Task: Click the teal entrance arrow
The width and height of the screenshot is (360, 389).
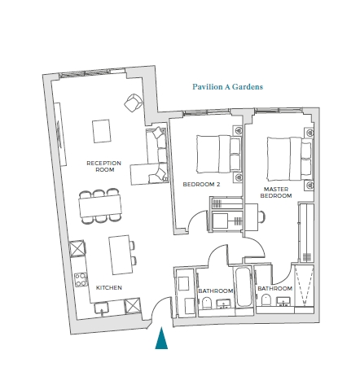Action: pyautogui.click(x=161, y=338)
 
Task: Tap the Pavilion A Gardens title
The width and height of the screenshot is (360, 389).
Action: pyautogui.click(x=228, y=87)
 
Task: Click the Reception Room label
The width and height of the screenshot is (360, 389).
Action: pyautogui.click(x=104, y=166)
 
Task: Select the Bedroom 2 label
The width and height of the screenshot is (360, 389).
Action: pyautogui.click(x=201, y=185)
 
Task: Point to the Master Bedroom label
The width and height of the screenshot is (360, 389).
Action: pyautogui.click(x=276, y=192)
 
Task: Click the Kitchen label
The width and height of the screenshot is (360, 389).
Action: pyautogui.click(x=109, y=287)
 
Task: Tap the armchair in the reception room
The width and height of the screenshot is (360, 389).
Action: pyautogui.click(x=133, y=103)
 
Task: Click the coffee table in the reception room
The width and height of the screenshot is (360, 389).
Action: pyautogui.click(x=102, y=131)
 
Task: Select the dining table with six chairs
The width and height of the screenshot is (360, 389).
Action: pyautogui.click(x=100, y=206)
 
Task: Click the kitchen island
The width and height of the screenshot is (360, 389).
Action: pyautogui.click(x=121, y=255)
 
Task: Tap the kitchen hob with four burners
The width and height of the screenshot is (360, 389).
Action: pyautogui.click(x=81, y=280)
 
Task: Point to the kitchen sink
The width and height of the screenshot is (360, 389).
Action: pyautogui.click(x=102, y=308)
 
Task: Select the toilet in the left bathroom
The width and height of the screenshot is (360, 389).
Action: pyautogui.click(x=207, y=303)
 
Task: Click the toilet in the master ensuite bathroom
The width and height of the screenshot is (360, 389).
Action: pyautogui.click(x=266, y=299)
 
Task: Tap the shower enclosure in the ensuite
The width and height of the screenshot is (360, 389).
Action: pyautogui.click(x=305, y=286)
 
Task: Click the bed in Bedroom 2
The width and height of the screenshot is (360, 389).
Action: pyautogui.click(x=218, y=154)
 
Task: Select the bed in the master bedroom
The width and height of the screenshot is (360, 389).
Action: pyautogui.click(x=289, y=159)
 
